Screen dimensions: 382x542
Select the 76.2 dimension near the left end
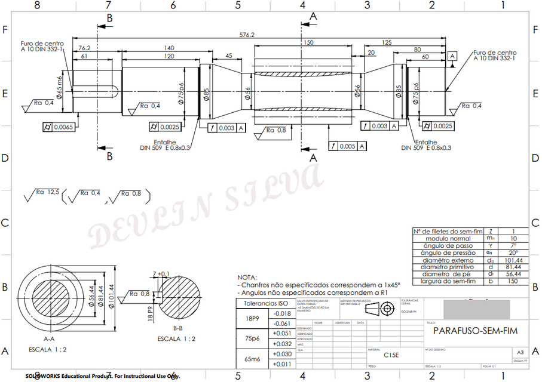click(84, 48)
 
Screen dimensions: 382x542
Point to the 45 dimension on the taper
click(228, 56)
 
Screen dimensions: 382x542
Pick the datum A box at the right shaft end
click(452, 57)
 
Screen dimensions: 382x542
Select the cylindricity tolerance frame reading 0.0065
click(58, 127)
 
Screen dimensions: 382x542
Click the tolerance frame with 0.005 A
click(347, 146)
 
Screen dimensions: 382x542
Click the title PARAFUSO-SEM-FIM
click(467, 330)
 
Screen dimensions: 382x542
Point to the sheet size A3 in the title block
click(520, 353)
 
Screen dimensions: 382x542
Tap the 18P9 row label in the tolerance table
click(253, 318)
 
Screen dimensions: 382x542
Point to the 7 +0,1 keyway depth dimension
click(161, 273)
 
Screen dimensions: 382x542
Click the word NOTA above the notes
click(247, 278)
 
